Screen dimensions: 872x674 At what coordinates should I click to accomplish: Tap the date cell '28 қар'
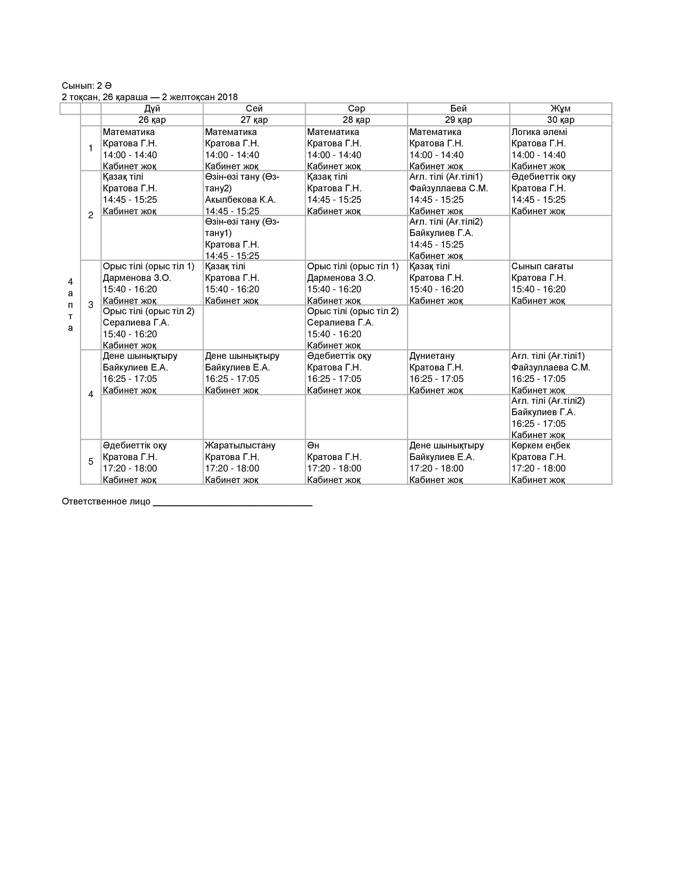pyautogui.click(x=356, y=120)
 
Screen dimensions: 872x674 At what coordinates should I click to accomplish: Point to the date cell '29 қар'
pyautogui.click(x=458, y=120)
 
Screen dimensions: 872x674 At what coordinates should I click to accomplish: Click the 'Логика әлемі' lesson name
pyautogui.click(x=539, y=132)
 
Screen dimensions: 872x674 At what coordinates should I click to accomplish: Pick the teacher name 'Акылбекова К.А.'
pyautogui.click(x=240, y=200)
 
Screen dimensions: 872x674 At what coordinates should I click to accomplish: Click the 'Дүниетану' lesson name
pyautogui.click(x=432, y=356)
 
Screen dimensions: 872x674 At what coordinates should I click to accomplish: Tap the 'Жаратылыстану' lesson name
pyautogui.click(x=240, y=445)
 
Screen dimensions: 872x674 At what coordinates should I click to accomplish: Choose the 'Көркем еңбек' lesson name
pyautogui.click(x=541, y=445)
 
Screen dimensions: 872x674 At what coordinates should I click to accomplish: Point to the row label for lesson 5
pyautogui.click(x=91, y=462)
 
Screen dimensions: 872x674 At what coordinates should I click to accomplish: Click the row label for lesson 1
pyautogui.click(x=91, y=148)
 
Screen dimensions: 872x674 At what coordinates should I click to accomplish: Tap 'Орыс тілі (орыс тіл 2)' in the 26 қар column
pyautogui.click(x=149, y=311)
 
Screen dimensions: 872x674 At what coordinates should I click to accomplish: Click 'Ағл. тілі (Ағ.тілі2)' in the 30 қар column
pyautogui.click(x=548, y=401)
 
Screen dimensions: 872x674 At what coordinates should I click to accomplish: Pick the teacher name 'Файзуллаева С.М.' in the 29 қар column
pyautogui.click(x=448, y=188)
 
